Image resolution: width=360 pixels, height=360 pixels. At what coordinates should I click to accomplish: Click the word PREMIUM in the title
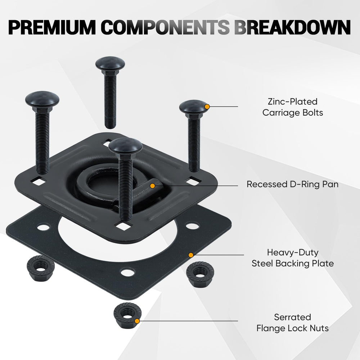[x=52, y=28]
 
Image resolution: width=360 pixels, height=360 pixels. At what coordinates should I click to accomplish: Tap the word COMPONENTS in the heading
[x=165, y=28]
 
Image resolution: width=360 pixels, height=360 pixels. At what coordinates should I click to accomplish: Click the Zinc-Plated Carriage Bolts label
[x=293, y=107]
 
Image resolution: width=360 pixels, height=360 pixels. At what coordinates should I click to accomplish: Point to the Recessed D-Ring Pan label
[x=292, y=184]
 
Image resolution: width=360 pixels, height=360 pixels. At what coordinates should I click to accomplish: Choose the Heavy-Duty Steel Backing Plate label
[x=293, y=258]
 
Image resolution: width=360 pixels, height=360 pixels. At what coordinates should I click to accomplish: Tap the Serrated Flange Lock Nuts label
[x=292, y=323]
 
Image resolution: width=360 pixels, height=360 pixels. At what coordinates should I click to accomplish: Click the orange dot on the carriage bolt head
[x=207, y=107]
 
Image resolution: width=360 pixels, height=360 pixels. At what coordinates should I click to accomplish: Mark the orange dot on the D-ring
[x=152, y=185]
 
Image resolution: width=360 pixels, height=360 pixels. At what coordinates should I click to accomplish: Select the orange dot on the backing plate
[x=191, y=255]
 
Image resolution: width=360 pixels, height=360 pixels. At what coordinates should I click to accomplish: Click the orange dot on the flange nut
[x=137, y=321]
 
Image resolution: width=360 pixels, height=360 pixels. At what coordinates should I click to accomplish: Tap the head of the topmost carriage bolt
[x=110, y=63]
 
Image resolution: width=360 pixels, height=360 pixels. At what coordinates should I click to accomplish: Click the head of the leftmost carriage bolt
[x=42, y=99]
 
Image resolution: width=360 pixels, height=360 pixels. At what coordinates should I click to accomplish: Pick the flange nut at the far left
[x=41, y=268]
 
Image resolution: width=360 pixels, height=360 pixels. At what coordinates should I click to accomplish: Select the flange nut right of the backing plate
[x=200, y=274]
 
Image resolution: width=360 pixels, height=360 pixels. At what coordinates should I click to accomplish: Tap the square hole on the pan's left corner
[x=39, y=181]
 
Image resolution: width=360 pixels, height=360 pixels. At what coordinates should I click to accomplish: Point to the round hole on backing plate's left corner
[x=44, y=228]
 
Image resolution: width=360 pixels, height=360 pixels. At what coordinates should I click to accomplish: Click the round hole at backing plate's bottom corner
[x=127, y=273]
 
